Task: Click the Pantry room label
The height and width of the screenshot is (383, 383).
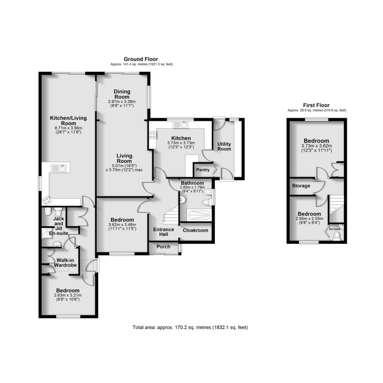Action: click(x=203, y=170)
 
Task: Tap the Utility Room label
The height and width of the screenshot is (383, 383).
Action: click(x=224, y=146)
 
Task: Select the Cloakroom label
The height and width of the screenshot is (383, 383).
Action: click(x=195, y=230)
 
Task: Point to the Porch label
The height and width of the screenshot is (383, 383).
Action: click(x=163, y=247)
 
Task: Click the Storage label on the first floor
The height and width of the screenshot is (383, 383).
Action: click(x=301, y=186)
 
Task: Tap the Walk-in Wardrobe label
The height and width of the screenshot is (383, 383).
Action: click(x=65, y=263)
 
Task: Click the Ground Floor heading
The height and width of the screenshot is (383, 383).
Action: click(x=141, y=59)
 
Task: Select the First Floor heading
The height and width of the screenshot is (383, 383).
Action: click(x=316, y=105)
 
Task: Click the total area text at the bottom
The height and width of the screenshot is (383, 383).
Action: click(x=190, y=327)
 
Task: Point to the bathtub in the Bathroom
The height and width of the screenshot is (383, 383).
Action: click(x=199, y=215)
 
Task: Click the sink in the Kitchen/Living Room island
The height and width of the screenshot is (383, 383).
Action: click(x=58, y=168)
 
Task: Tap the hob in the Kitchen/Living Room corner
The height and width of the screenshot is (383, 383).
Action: click(x=47, y=201)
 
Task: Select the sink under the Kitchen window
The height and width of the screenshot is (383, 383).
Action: click(x=180, y=125)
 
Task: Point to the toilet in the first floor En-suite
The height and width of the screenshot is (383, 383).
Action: click(x=337, y=236)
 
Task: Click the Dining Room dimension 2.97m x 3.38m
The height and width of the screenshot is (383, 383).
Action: click(x=122, y=102)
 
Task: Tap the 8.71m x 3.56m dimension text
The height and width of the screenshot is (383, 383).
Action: click(x=68, y=128)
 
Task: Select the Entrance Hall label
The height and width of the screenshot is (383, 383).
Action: click(x=164, y=232)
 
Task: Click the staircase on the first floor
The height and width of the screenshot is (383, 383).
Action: click(x=337, y=204)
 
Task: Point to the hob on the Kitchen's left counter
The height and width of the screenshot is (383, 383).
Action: click(x=153, y=135)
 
